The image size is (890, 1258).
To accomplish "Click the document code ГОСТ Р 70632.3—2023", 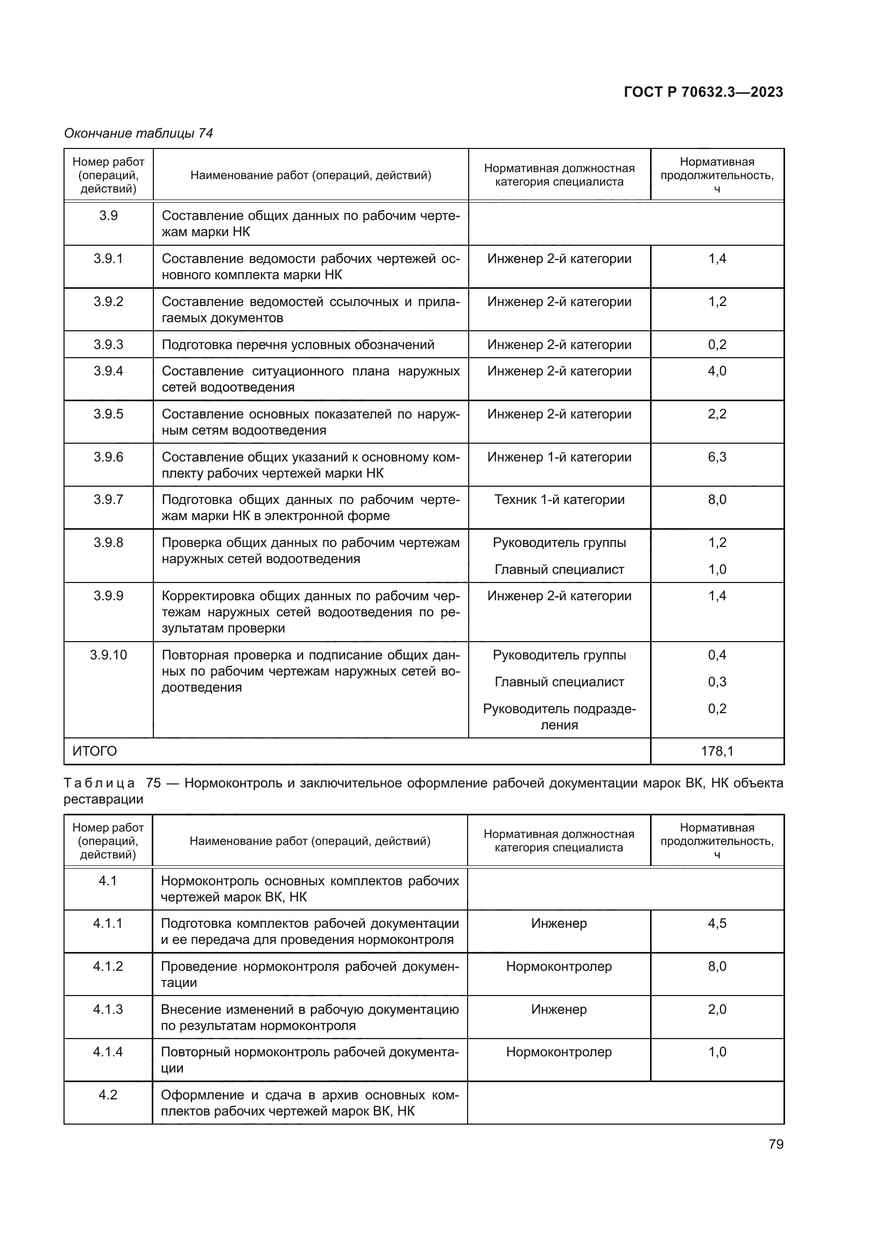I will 703,92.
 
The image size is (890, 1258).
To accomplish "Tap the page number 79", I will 775,1144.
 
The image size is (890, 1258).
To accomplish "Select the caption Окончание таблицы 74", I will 138,133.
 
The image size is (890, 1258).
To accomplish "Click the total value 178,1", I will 717,751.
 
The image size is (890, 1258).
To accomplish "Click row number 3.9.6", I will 108,457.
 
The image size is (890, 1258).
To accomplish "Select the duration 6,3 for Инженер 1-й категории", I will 717,457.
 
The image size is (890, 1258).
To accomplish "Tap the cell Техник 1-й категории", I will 559,500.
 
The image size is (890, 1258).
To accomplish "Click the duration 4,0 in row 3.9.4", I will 717,371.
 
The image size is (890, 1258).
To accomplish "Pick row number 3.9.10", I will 108,655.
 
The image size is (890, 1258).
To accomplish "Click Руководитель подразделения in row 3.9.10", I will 559,716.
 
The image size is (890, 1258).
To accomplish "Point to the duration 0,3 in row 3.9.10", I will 717,681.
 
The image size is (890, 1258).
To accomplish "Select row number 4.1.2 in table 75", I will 108,966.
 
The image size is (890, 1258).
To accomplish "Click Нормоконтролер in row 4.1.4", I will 559,1052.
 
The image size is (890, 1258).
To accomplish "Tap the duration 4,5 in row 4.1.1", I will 717,923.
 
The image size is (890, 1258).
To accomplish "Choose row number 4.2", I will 108,1094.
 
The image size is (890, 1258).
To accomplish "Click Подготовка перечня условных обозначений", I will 298,345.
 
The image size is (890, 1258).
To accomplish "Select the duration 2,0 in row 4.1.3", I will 717,1009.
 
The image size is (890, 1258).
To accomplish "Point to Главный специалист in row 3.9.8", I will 559,570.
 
